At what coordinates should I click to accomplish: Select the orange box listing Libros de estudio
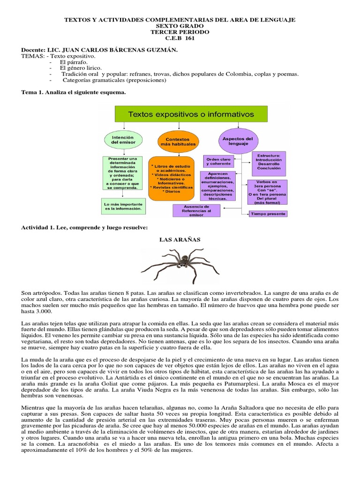tap(171, 179)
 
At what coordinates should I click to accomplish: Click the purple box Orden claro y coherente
tap(220, 161)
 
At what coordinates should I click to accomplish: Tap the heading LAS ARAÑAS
tap(180, 240)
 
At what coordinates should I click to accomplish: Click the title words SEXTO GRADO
tap(180, 26)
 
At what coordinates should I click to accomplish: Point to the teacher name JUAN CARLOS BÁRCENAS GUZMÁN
tap(111, 50)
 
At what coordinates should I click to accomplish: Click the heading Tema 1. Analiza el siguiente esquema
tap(74, 92)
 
